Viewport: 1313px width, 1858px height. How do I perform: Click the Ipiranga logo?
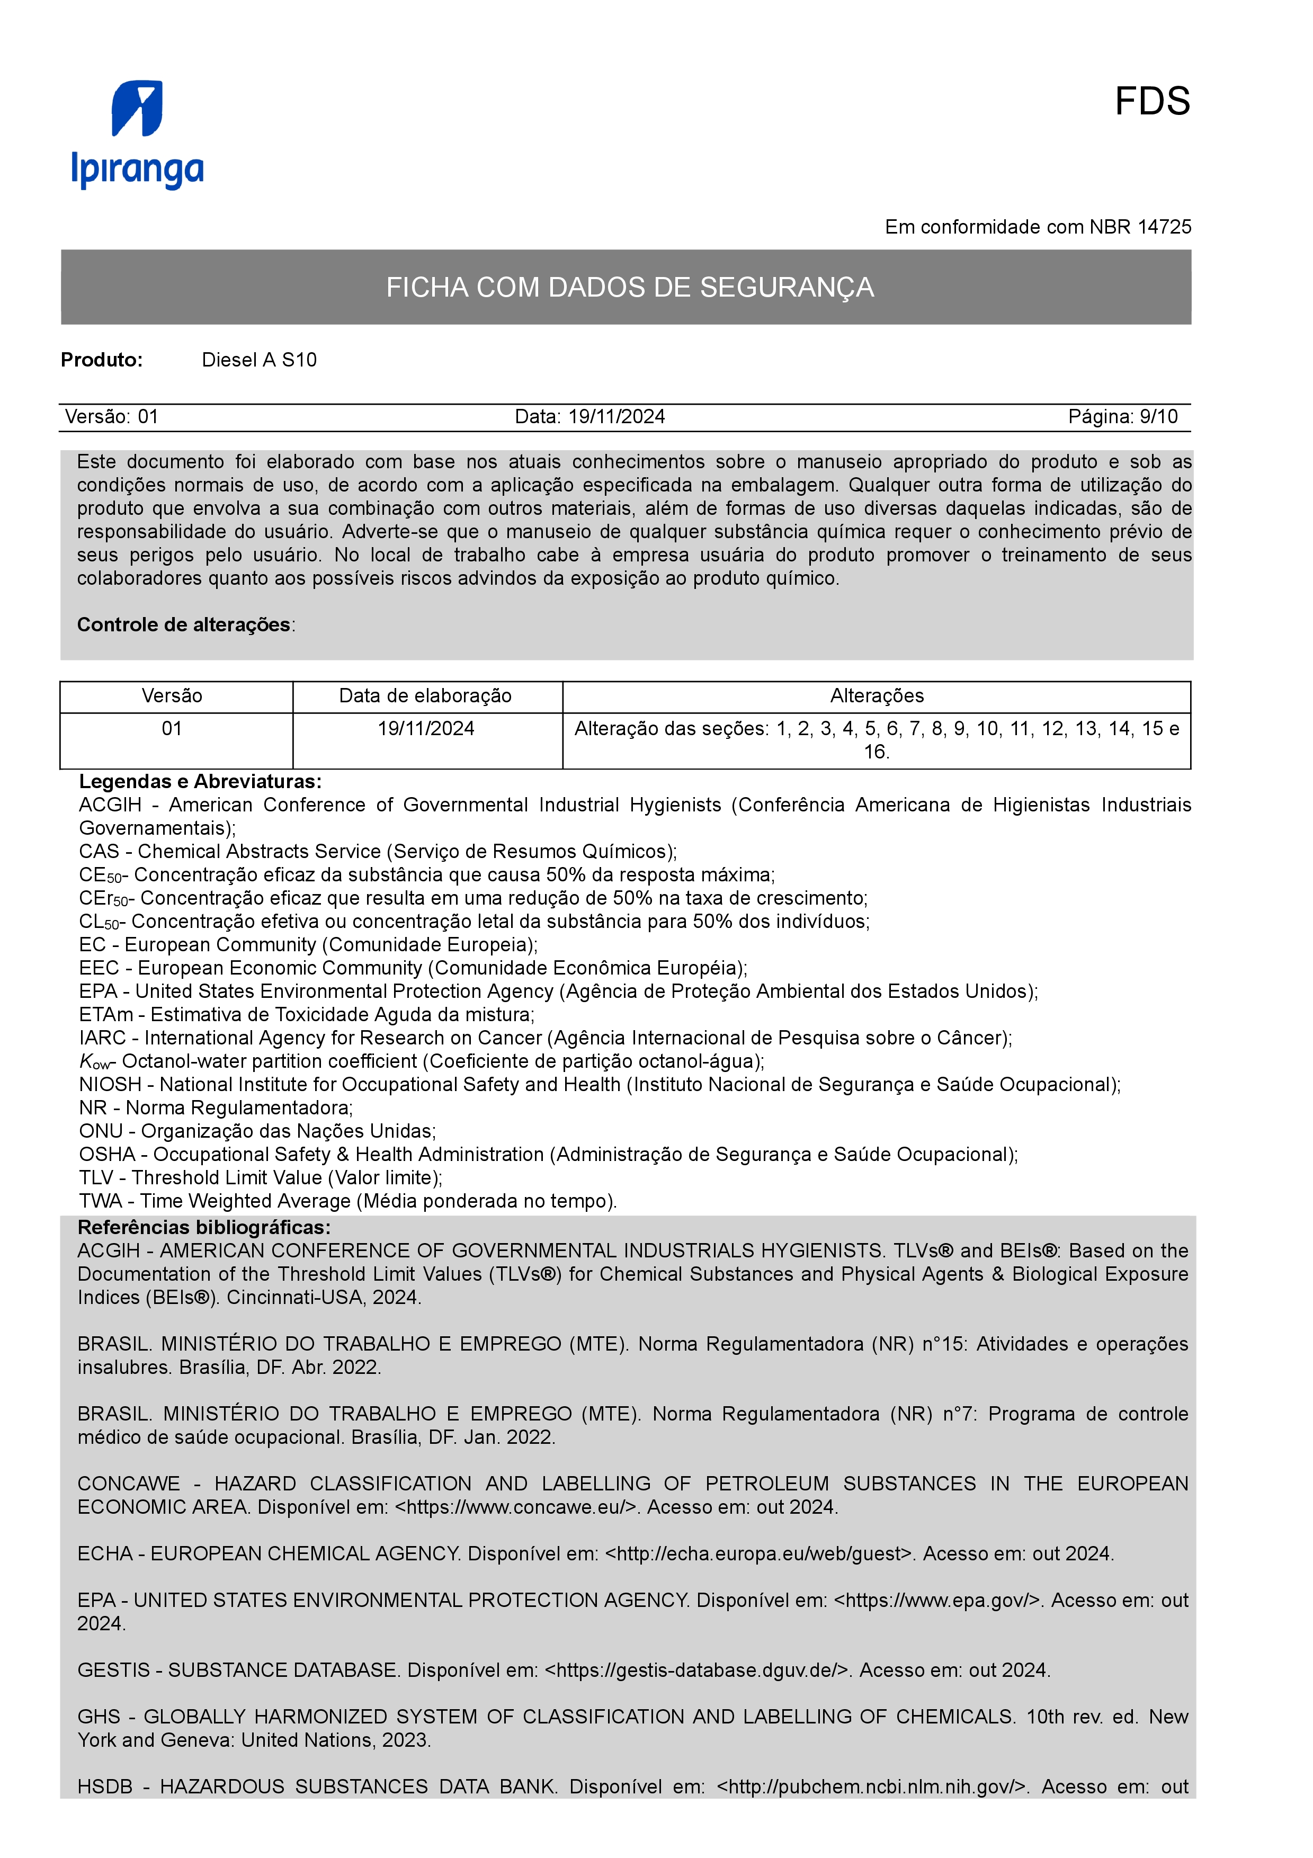[x=138, y=135]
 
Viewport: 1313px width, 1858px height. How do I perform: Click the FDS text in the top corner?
[x=1151, y=102]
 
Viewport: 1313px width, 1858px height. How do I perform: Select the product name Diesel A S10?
[x=259, y=360]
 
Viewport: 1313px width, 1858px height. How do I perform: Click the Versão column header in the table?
[x=172, y=696]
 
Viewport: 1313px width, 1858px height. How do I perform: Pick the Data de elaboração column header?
[x=425, y=696]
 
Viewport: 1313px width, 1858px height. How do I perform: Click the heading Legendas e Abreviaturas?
[x=200, y=782]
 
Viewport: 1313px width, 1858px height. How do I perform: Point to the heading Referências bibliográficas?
[x=204, y=1228]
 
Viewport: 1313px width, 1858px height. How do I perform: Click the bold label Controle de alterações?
[x=184, y=625]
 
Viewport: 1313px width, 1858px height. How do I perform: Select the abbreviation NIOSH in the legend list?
[x=110, y=1084]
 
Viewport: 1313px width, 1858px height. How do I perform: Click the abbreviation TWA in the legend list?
[x=100, y=1201]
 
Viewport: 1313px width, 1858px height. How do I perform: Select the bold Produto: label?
[x=102, y=360]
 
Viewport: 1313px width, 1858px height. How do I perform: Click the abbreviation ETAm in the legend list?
[x=106, y=1015]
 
